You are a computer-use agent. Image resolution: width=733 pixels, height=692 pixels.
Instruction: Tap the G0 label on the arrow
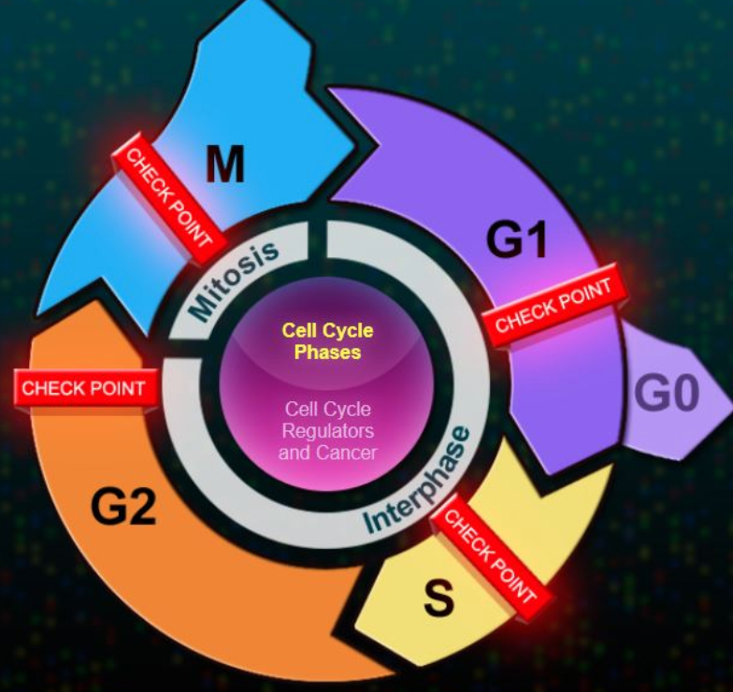[x=667, y=395]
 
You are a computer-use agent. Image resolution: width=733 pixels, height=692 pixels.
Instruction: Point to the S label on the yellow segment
[x=439, y=599]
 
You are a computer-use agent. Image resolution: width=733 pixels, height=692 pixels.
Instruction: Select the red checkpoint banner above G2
[x=83, y=388]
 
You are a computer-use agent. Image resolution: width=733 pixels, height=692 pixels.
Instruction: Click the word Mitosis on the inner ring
[x=234, y=278]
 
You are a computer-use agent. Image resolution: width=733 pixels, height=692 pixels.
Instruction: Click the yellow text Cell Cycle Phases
[x=327, y=341]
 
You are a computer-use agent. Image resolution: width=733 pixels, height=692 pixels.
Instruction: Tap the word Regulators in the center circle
[x=328, y=431]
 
